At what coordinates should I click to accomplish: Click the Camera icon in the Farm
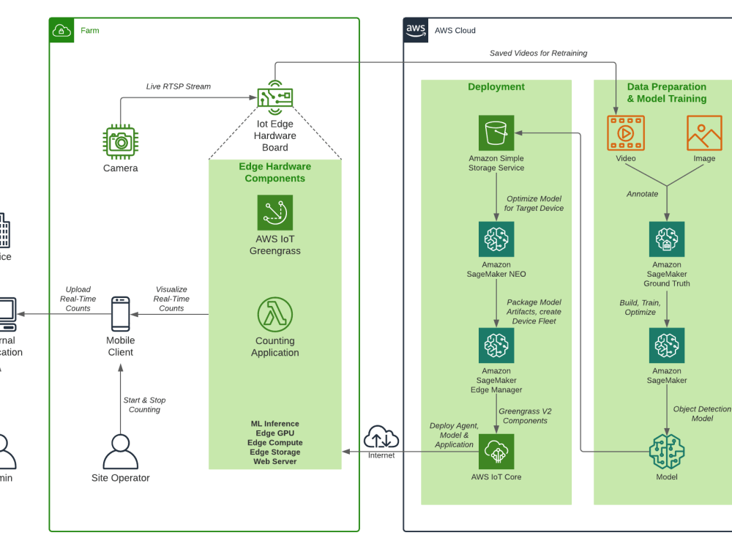(120, 141)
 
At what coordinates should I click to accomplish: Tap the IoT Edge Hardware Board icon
(274, 97)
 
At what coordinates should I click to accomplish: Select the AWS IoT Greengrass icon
(274, 212)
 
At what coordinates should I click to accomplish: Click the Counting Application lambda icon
(274, 315)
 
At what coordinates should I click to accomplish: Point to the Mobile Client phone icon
(120, 314)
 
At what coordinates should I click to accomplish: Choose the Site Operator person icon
(120, 452)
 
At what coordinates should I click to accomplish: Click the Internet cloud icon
(381, 437)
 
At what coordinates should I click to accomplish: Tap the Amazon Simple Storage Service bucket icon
(496, 133)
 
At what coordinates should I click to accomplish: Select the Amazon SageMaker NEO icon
(496, 239)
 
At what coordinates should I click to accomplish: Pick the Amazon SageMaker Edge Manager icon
(496, 346)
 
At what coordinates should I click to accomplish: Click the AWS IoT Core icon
(496, 452)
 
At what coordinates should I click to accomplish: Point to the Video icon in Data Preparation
(626, 133)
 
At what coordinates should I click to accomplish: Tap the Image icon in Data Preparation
(704, 133)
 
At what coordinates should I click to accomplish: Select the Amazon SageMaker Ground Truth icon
(667, 239)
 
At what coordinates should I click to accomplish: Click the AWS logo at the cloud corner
(416, 30)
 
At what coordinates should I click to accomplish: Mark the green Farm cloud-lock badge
(62, 30)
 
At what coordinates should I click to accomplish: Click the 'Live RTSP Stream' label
(179, 86)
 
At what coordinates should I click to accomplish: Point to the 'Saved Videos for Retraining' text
(538, 53)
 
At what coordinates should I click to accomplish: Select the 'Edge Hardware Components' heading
(274, 173)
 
